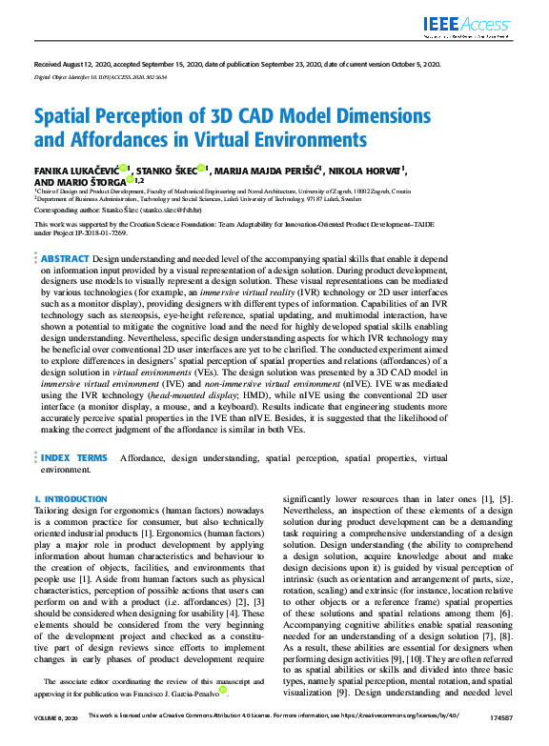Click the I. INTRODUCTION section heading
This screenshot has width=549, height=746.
coord(71,499)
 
